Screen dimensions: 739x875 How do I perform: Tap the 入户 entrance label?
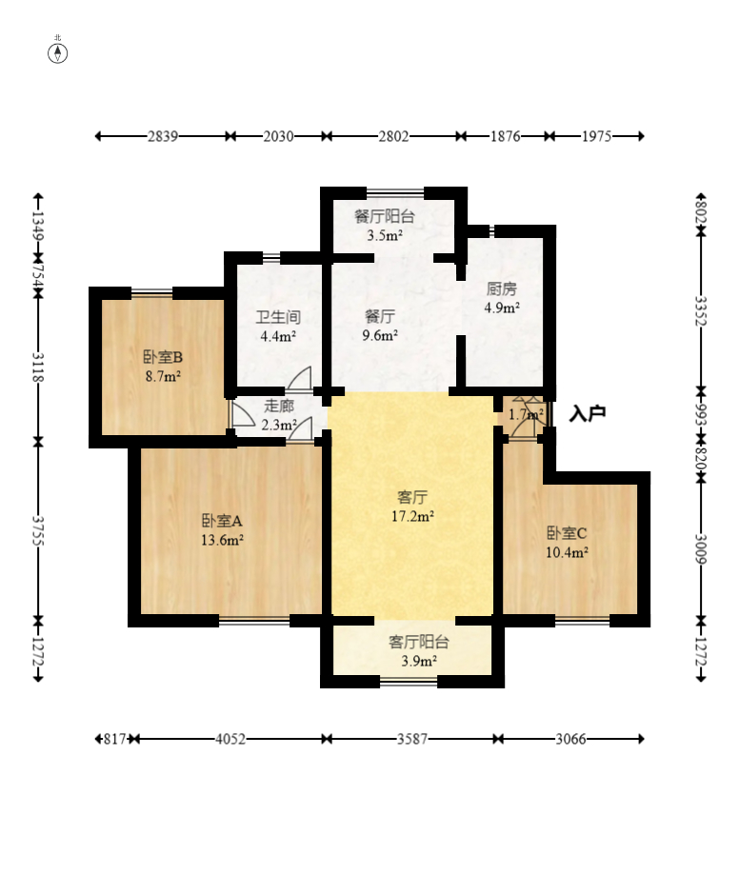click(588, 413)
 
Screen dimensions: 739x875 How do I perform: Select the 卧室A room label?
click(222, 521)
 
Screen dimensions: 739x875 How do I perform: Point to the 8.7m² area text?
click(163, 376)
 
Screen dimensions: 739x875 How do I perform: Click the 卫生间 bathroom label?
click(278, 317)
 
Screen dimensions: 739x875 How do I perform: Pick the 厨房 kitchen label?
click(501, 288)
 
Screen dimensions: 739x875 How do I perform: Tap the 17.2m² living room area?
click(412, 516)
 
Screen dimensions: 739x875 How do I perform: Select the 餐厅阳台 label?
click(385, 216)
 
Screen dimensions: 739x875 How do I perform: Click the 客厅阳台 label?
click(419, 642)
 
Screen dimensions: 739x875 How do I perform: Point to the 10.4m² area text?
click(567, 552)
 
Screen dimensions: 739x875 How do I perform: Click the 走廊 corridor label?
click(278, 406)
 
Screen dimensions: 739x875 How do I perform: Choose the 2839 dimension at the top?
click(163, 136)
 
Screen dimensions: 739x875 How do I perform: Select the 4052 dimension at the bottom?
click(230, 739)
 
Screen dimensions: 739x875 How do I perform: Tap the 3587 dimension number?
click(412, 739)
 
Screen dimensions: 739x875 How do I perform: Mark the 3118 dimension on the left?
click(38, 368)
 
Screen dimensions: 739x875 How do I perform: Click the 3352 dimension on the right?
click(701, 310)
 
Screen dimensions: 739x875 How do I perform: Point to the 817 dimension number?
click(115, 739)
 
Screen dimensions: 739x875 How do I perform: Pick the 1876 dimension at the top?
click(505, 136)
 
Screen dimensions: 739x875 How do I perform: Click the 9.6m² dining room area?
click(380, 335)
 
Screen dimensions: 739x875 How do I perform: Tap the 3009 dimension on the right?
click(701, 549)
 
